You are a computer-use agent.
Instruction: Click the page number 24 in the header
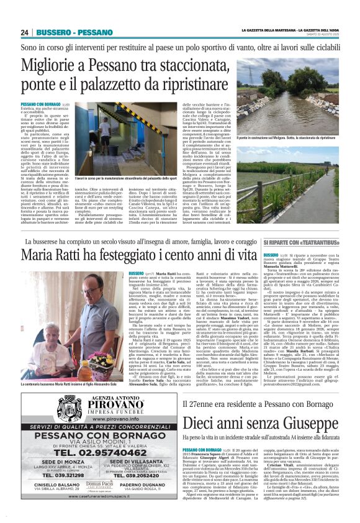(24, 32)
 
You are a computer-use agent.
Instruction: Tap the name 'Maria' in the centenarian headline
(40, 255)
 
